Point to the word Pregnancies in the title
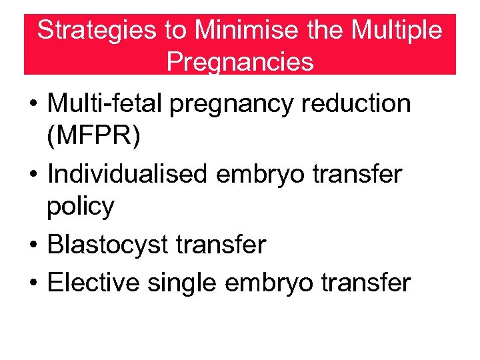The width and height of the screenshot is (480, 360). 240,61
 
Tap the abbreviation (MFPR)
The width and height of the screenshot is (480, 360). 94,136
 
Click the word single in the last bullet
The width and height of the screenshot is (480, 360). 181,283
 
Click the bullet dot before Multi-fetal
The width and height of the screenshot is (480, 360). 32,105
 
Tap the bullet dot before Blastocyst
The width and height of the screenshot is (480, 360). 32,246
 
